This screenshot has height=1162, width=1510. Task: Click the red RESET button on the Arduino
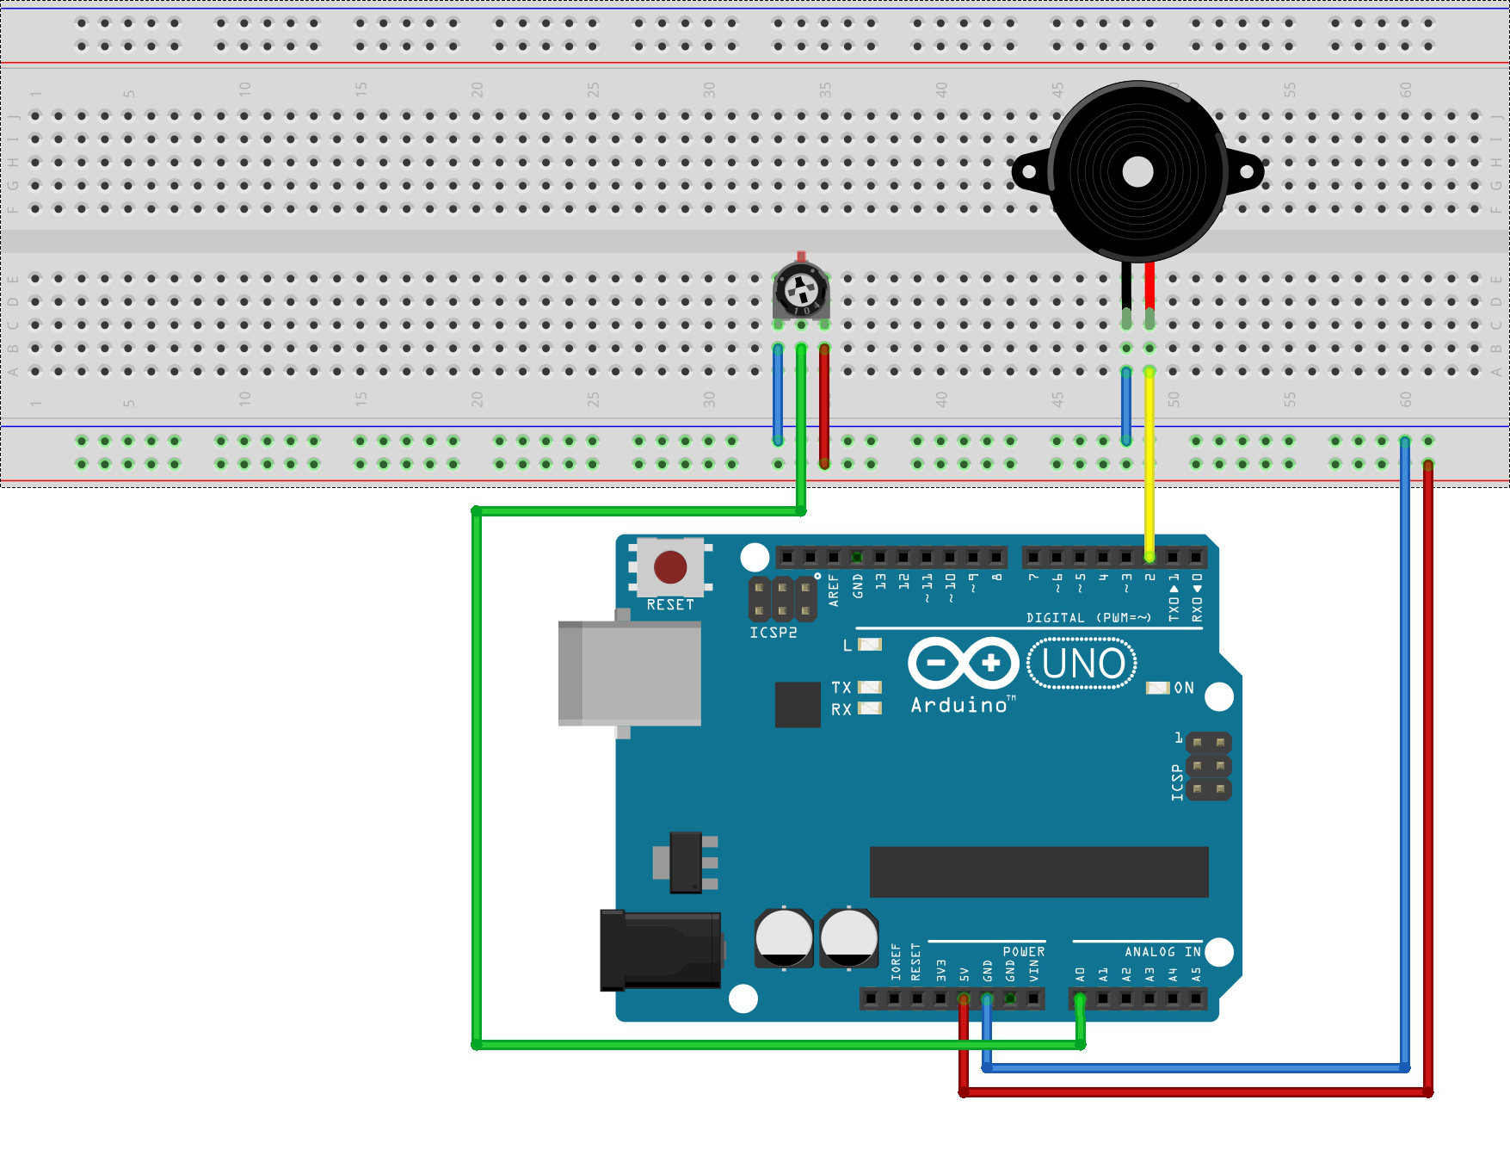click(x=670, y=567)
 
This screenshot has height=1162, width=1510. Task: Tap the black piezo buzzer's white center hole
click(x=1137, y=172)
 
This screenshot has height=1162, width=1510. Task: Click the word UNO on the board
click(x=1082, y=664)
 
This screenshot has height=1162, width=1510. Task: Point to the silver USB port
click(x=629, y=673)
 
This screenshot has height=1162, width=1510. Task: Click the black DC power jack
click(x=661, y=950)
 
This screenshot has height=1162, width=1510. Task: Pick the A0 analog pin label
click(x=1081, y=974)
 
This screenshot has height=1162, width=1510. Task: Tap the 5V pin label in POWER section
click(x=965, y=974)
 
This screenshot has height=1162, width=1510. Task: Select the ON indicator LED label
click(x=1184, y=688)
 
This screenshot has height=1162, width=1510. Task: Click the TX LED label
click(x=841, y=688)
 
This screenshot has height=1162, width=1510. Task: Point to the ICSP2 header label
click(x=773, y=633)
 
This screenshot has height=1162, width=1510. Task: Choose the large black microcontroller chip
click(x=1039, y=871)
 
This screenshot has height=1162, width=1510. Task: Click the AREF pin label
click(x=833, y=590)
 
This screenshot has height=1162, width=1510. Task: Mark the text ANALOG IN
click(x=1162, y=952)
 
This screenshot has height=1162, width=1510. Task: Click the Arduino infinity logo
click(x=964, y=663)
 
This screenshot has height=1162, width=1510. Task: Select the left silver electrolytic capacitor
click(x=784, y=937)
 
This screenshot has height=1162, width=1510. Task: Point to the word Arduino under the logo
click(x=958, y=706)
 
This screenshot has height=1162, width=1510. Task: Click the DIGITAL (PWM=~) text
click(x=1088, y=618)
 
